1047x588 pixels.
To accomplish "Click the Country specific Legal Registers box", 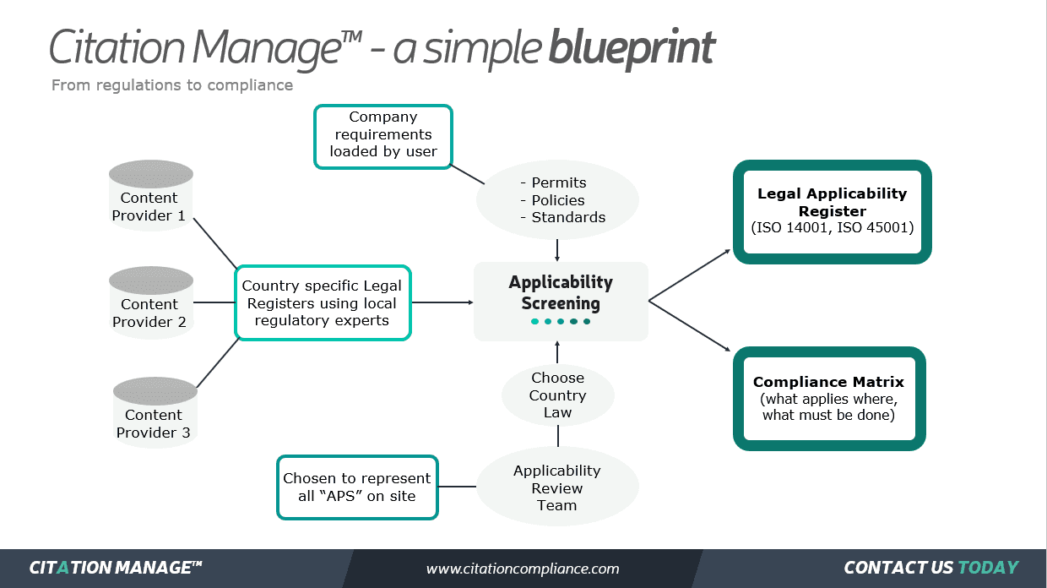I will pos(322,303).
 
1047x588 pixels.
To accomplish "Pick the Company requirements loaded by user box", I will pos(383,135).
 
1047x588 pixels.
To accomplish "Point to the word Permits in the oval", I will pos(558,182).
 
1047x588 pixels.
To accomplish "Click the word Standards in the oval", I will pos(567,217).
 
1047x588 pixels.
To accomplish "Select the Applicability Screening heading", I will pos(561,292).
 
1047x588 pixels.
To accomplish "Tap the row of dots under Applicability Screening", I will pos(561,322).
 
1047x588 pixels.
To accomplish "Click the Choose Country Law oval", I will pos(557,395).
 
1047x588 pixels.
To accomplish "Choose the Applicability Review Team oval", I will pos(557,487).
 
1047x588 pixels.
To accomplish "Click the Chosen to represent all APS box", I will pos(357,487).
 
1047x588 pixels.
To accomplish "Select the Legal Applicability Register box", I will pos(832,211).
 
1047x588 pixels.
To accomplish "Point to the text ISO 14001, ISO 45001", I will pos(832,227).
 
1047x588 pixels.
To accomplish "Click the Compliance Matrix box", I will pos(828,398).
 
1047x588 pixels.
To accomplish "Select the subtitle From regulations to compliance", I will pos(172,85).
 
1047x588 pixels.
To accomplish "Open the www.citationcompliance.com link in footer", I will pos(523,569).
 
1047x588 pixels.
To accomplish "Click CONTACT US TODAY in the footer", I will pos(930,568).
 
